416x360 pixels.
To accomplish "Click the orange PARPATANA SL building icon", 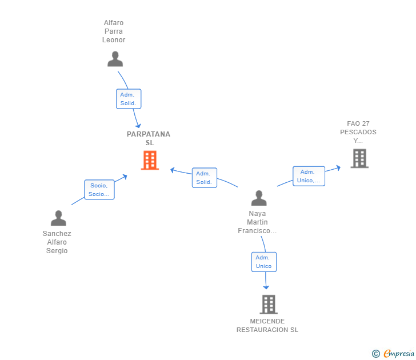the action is (149, 161).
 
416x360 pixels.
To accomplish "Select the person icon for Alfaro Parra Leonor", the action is (115, 59).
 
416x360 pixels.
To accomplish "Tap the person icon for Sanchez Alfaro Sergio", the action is (58, 218).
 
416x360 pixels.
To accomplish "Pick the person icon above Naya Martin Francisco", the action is (259, 198).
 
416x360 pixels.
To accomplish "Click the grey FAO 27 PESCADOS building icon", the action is (359, 158).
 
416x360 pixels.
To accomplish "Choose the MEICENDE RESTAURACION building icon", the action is (269, 305).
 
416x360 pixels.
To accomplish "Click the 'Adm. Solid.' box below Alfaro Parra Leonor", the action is (128, 99).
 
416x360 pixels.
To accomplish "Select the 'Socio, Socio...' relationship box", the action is (99, 190).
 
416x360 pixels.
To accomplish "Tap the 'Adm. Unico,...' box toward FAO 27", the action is (309, 176).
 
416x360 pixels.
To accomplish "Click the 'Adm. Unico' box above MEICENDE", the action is (263, 262).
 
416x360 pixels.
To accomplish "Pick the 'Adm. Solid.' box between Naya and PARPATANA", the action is (204, 178).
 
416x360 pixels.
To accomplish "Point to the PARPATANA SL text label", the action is (149, 138).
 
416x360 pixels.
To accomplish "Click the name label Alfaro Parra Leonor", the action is (114, 31).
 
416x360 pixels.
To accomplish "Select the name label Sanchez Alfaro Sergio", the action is (57, 242).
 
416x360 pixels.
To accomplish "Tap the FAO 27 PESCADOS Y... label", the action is (358, 132).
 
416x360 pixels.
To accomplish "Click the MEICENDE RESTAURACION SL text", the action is (267, 326).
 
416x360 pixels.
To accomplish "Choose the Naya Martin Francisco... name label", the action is (257, 222).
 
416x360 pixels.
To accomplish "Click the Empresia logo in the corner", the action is (393, 353).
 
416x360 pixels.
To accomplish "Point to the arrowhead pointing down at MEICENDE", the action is (266, 287).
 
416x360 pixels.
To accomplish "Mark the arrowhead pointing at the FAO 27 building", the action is (338, 167).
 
